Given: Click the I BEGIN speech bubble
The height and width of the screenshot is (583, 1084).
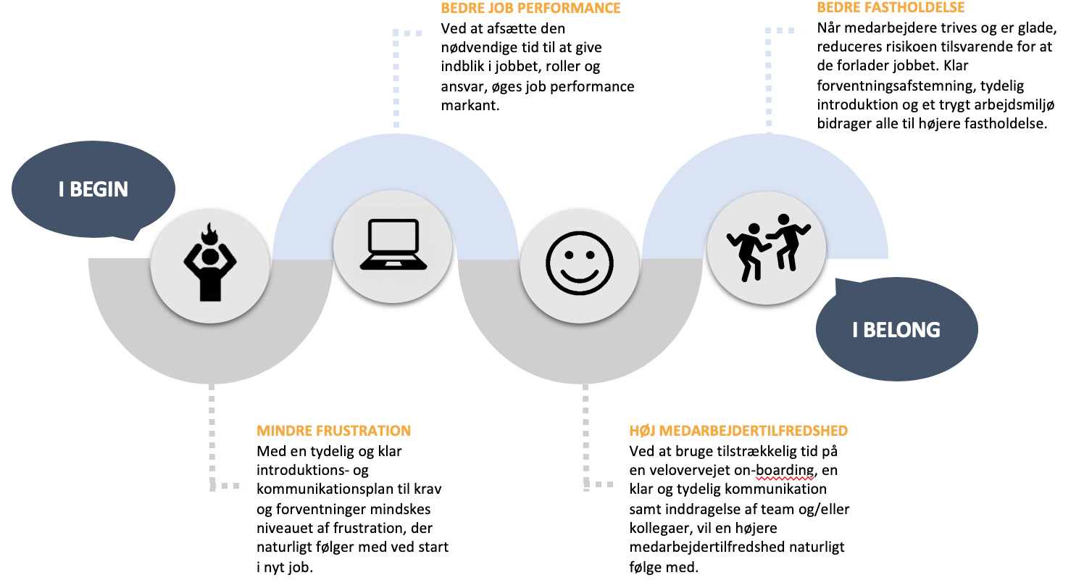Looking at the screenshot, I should pos(93,190).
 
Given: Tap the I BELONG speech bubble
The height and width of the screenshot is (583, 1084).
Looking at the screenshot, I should pos(896,330).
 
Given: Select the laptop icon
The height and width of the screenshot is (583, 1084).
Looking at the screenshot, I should pos(392,246).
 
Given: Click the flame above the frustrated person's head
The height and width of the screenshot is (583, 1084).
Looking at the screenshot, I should pos(210,233).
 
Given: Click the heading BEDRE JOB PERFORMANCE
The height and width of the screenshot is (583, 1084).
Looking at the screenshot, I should pos(530,9).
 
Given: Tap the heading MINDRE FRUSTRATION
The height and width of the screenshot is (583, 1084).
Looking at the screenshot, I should pos(334,431).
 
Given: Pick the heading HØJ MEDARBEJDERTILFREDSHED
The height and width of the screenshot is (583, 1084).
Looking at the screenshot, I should pos(738,431).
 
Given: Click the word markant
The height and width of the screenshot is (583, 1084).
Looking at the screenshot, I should pos(470,106).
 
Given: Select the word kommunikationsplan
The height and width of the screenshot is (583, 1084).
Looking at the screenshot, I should pos(321,489).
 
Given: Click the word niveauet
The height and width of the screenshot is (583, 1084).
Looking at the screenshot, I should pos(286,528).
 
